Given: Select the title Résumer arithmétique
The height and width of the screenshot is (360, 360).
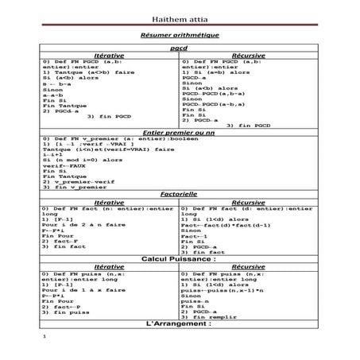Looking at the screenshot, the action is pyautogui.click(x=180, y=36).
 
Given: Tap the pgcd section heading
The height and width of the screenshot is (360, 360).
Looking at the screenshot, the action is pyautogui.click(x=180, y=48).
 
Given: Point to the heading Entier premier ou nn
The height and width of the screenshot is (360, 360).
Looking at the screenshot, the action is pyautogui.click(x=180, y=131).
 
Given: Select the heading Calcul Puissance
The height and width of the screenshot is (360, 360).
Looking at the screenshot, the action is pyautogui.click(x=180, y=260).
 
